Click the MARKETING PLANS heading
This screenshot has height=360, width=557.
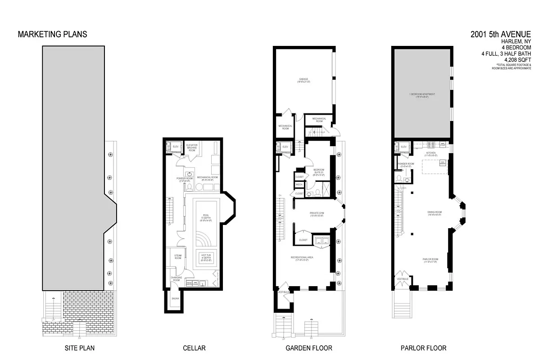(52, 34)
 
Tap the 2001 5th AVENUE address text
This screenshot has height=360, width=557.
(501, 34)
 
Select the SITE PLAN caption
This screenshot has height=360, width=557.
(79, 348)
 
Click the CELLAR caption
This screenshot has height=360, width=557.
(194, 348)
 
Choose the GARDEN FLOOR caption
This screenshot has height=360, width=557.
(309, 348)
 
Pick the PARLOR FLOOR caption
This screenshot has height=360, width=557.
(423, 348)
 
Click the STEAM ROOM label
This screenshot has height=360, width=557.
(178, 256)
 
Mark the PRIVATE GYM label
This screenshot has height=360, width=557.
(317, 214)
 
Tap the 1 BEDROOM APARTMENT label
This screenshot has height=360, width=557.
(421, 94)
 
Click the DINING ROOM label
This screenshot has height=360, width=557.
(435, 212)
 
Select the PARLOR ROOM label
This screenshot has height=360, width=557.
(430, 260)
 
